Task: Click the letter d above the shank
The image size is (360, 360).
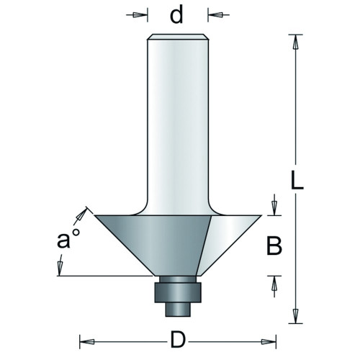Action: click(x=176, y=14)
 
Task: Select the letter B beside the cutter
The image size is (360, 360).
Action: click(x=274, y=246)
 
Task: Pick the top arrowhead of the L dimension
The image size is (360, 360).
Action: click(x=296, y=42)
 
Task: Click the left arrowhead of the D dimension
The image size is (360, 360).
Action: click(x=87, y=341)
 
